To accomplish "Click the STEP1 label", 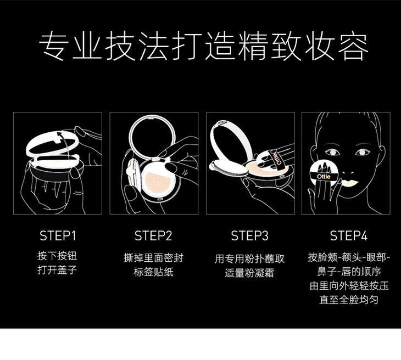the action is tap(58, 235).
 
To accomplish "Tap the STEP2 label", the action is tap(153, 235).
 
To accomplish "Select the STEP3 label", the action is tap(249, 235).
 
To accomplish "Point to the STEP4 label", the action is tap(349, 235).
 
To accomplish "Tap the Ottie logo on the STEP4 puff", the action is tap(324, 176).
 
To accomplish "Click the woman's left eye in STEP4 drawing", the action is tap(332, 153).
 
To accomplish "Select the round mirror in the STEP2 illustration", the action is tap(152, 137).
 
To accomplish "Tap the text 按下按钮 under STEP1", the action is tap(57, 256).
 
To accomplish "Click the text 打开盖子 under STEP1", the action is tap(57, 270).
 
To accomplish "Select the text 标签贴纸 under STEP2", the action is tap(153, 272).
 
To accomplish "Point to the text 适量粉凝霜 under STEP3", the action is tap(249, 273).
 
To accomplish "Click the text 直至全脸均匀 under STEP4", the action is tap(349, 300).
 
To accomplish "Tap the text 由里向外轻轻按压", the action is tap(349, 286).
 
